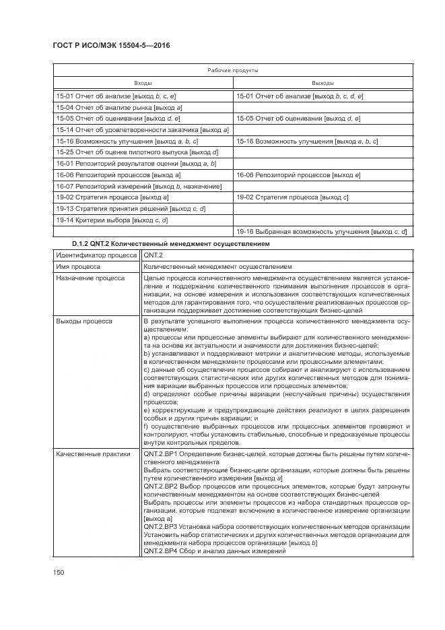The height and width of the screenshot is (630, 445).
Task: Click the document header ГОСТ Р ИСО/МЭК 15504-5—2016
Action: [x=110, y=45]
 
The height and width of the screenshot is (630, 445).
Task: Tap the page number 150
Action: [x=59, y=573]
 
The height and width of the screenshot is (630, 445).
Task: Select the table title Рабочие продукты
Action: [x=232, y=70]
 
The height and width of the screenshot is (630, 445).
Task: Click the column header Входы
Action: [x=143, y=83]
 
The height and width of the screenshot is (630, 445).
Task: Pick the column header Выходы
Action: [x=322, y=83]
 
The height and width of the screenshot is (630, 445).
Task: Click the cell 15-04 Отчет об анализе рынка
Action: [x=120, y=108]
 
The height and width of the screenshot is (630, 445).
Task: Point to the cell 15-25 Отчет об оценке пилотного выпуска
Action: [x=137, y=152]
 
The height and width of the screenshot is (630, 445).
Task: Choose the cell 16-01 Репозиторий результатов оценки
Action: [x=136, y=164]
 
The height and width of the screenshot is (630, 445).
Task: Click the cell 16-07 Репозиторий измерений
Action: [x=139, y=186]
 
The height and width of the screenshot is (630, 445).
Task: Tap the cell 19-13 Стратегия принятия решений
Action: [x=131, y=209]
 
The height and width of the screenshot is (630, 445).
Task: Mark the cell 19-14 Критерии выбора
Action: [x=112, y=220]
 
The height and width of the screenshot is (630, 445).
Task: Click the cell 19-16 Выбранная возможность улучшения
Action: [x=321, y=232]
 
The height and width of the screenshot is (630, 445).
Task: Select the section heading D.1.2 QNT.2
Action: [x=170, y=243]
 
